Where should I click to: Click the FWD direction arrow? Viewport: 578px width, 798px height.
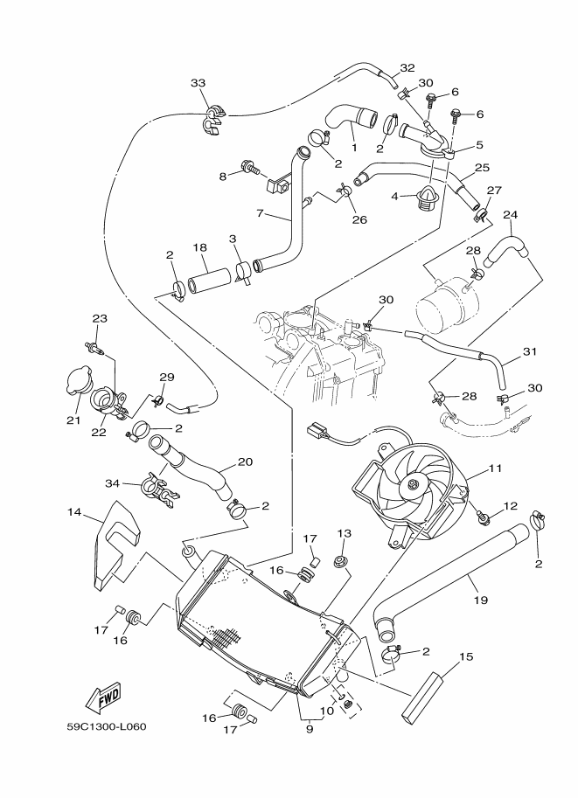pos(104,696)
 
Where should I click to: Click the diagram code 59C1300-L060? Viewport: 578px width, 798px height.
pos(107,726)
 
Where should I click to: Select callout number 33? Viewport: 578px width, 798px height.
pos(198,83)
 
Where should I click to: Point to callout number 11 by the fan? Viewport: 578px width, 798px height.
pos(496,468)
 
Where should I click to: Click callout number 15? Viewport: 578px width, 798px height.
pos(466,656)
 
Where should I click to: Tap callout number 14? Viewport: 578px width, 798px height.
pos(74,512)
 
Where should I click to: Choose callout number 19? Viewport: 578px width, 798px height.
pos(481,600)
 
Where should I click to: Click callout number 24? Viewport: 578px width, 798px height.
pos(511,215)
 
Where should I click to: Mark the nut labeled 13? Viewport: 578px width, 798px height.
pos(341,561)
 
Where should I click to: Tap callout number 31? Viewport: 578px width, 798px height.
pos(530,351)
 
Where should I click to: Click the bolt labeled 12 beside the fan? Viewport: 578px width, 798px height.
pos(483,517)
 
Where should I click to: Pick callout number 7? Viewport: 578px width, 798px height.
pos(261,213)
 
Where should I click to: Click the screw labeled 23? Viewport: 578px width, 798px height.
pos(94,347)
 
